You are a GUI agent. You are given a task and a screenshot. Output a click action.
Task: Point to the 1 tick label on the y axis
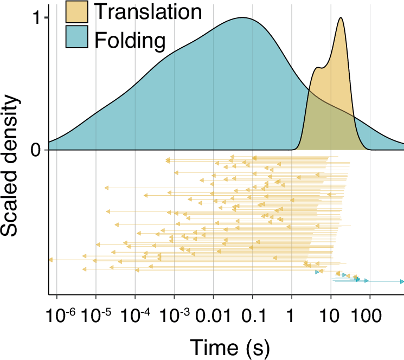(x=36, y=18)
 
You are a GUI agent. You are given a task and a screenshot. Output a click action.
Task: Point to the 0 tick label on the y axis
(x=36, y=150)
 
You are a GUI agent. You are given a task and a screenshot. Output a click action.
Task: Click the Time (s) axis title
(x=229, y=345)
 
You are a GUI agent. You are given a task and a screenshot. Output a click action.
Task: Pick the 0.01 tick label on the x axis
(x=213, y=314)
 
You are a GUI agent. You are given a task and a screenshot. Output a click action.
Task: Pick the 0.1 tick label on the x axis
(x=253, y=314)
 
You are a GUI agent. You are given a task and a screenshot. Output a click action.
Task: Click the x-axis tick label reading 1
(x=292, y=314)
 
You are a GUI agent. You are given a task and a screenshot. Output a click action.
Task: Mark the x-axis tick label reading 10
(x=331, y=314)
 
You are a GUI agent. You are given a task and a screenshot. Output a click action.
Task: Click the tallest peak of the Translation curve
(x=341, y=18)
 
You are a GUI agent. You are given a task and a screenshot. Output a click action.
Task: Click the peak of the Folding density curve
(x=243, y=18)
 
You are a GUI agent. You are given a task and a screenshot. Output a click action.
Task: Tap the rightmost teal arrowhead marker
(x=402, y=281)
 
